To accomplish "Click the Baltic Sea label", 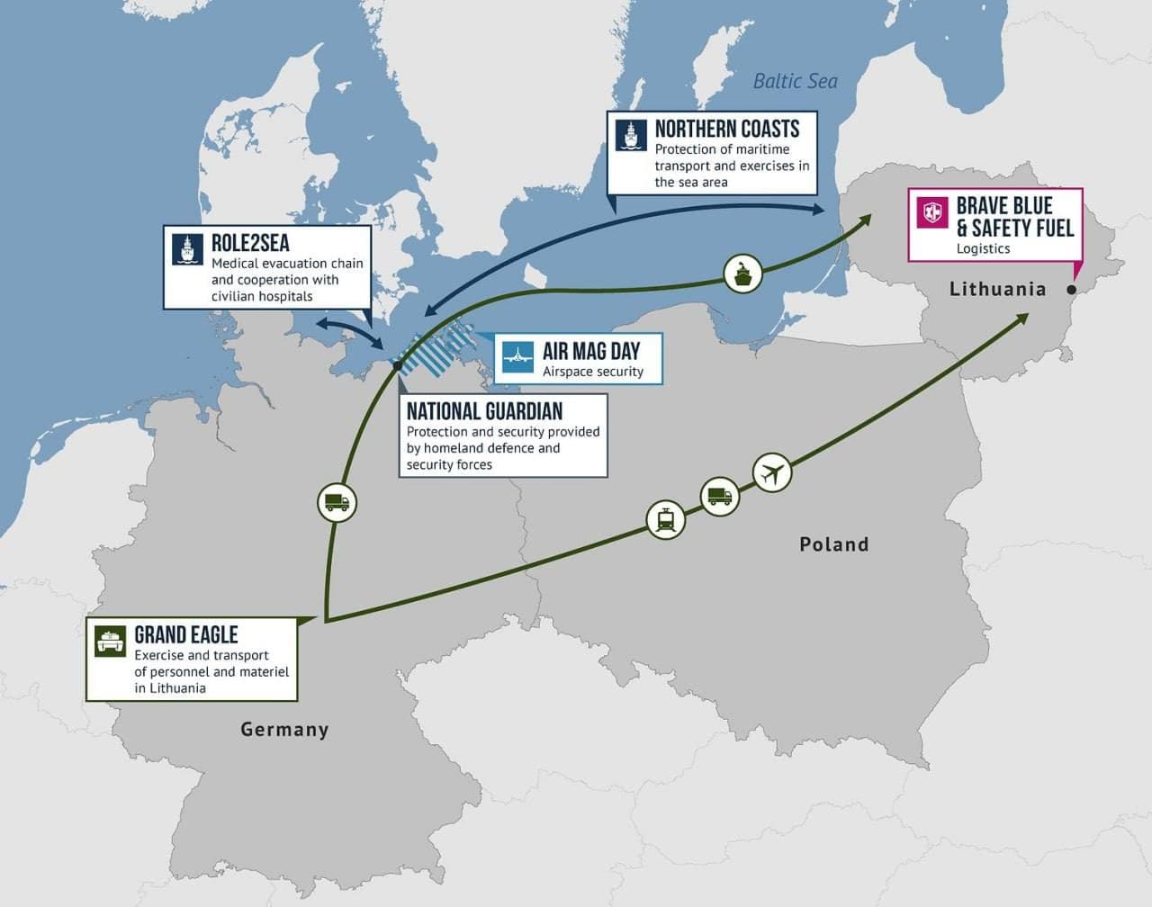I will [x=795, y=81].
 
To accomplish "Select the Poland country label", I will [x=833, y=543].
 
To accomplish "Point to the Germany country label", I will [x=284, y=729].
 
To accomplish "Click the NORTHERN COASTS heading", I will [x=726, y=129].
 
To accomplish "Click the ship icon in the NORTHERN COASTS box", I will [x=631, y=135].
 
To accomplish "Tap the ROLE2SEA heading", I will [x=250, y=243].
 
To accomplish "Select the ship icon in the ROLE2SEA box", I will [x=187, y=249].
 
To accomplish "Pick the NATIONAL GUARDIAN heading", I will [x=484, y=411].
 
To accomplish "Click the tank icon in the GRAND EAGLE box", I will [x=110, y=641].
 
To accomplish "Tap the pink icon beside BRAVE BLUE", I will [x=932, y=213].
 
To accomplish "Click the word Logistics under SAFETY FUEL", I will [x=983, y=248].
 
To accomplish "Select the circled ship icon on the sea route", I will [x=743, y=271].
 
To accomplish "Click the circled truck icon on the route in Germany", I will [x=337, y=502].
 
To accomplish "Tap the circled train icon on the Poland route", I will [x=666, y=519].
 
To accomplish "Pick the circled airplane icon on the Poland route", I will [x=771, y=471].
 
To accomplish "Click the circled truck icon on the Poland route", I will [x=719, y=495].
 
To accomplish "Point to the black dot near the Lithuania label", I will [x=1071, y=290].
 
